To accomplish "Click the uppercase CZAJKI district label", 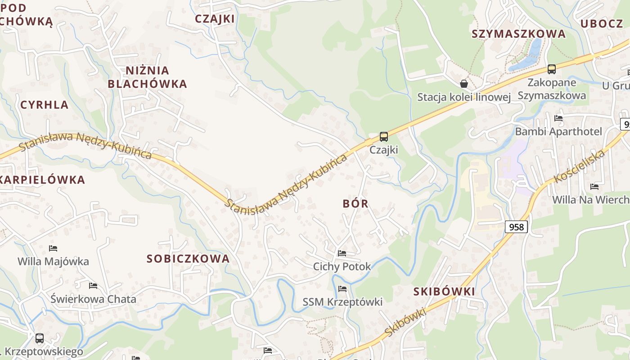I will coord(215,18).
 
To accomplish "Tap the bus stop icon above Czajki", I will coord(384,136).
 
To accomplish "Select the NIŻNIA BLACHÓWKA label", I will coord(147,77).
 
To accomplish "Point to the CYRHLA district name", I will coord(45,105).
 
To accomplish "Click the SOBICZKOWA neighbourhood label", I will coord(188,259).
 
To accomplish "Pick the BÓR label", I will coord(355,203).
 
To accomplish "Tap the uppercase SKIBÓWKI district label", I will coord(444,292).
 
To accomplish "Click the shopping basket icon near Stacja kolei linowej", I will coord(464,84).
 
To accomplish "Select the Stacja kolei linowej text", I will coord(464,97).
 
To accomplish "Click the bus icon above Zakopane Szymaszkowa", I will coord(552,69).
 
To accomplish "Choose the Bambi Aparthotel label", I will coord(558,131).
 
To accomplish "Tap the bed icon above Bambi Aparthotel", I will coord(558,118).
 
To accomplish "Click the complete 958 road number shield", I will coord(516,227).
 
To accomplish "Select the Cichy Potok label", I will coord(342,266).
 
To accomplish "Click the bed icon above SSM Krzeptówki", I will coord(342,289).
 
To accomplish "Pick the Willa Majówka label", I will coord(53,261).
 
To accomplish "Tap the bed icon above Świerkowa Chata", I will coord(93,286).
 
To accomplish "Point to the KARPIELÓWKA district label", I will coord(43,180).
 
